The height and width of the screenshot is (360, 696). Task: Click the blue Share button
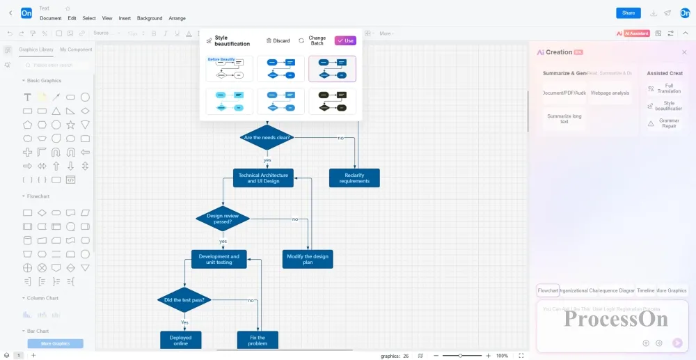(x=628, y=13)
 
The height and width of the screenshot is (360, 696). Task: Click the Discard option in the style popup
(x=278, y=40)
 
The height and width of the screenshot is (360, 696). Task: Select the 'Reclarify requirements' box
(x=354, y=178)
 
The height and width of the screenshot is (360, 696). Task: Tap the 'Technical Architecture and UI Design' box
(x=263, y=178)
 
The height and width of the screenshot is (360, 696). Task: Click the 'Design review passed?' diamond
(x=223, y=219)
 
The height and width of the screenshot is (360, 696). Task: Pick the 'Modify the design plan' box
(x=308, y=259)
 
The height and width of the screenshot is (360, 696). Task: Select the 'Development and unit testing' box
(x=219, y=259)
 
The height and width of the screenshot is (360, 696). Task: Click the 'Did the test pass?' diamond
(x=184, y=300)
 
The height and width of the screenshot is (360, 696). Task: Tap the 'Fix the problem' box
(x=258, y=340)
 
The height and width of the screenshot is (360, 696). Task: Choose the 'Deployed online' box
(x=180, y=340)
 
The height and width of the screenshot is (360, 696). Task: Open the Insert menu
(x=125, y=18)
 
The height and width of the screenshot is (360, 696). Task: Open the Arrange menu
(x=177, y=18)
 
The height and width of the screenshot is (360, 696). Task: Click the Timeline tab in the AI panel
(x=646, y=290)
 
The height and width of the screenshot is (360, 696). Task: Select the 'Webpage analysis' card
(x=610, y=93)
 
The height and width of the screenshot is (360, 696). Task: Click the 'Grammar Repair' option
(x=668, y=123)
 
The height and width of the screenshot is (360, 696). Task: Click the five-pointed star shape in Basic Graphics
(x=70, y=125)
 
